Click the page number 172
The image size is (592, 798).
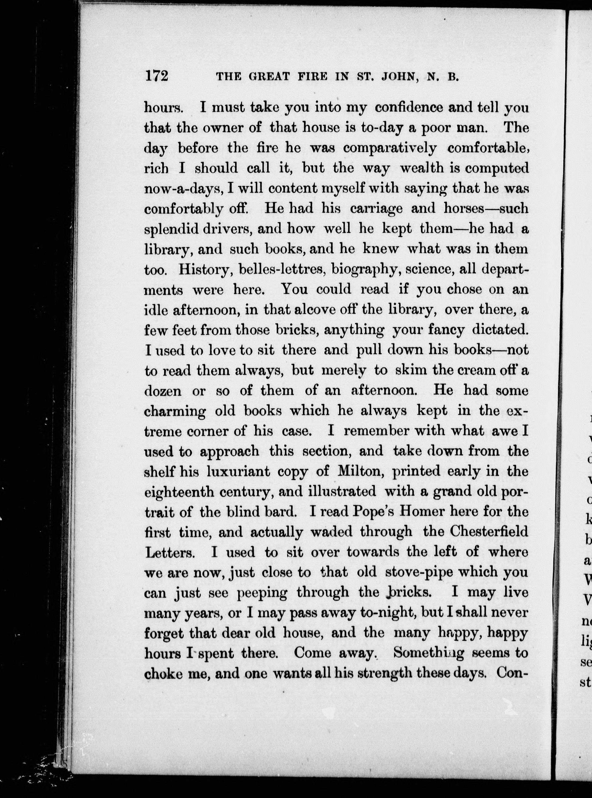point(157,77)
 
